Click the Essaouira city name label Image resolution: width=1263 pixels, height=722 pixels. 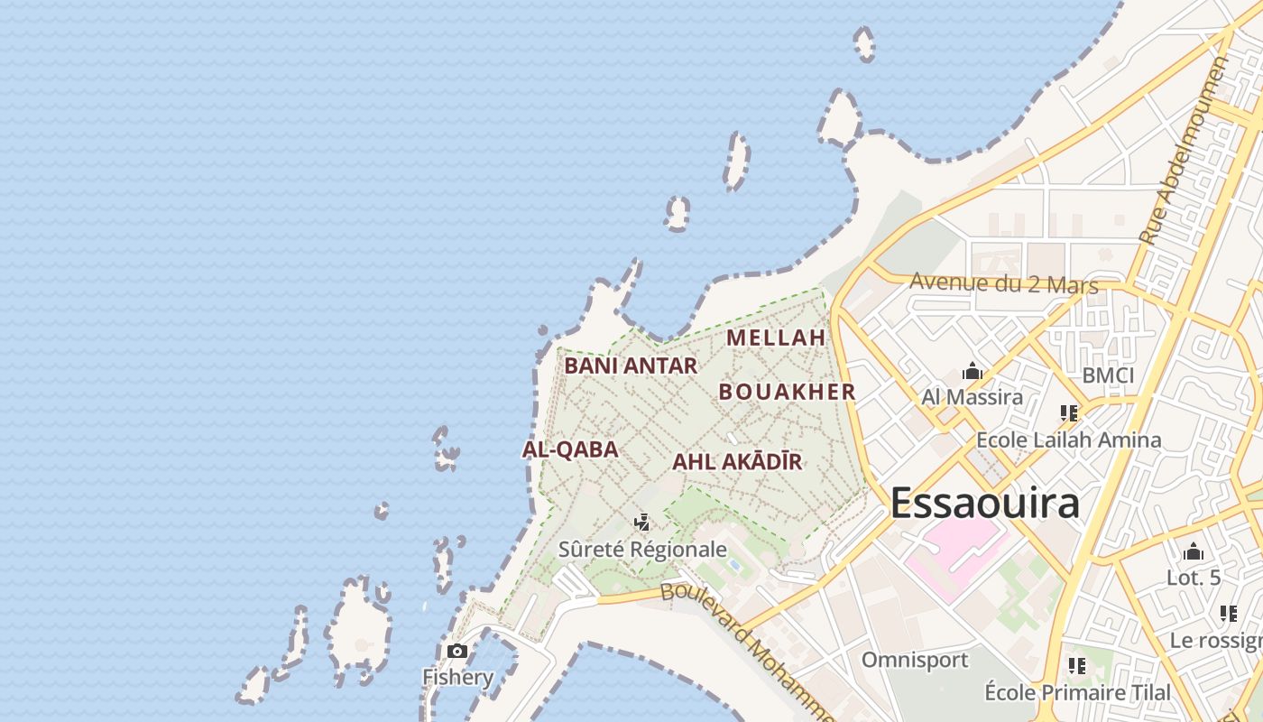tap(984, 504)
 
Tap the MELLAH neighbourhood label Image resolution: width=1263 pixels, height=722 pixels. tap(776, 338)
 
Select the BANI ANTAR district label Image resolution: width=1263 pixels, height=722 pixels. tap(631, 366)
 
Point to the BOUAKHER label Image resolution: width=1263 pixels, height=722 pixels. tap(787, 392)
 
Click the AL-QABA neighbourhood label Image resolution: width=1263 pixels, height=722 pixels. tap(570, 449)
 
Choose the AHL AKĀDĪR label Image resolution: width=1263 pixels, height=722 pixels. tap(737, 462)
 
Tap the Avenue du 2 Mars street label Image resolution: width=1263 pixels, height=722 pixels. tap(1003, 282)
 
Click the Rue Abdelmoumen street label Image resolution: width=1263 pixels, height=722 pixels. tap(1184, 151)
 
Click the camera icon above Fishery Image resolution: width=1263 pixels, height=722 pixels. tap(457, 651)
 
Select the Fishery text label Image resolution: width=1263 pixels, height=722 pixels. tap(458, 677)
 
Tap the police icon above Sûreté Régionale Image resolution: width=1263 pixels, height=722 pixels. tap(642, 522)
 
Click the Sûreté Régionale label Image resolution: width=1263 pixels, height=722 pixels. tap(642, 549)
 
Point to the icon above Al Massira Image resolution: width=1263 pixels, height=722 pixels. tap(972, 371)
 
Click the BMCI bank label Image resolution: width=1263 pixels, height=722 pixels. tap(1108, 375)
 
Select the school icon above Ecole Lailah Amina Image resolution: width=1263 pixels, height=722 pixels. tap(1069, 413)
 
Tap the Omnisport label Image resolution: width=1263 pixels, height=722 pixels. tap(914, 660)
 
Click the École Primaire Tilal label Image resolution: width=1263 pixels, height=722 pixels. tap(1077, 692)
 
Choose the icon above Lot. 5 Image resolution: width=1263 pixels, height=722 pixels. tap(1194, 551)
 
